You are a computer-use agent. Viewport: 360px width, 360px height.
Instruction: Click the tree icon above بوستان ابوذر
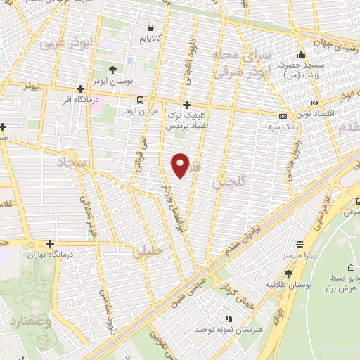pos(112,70)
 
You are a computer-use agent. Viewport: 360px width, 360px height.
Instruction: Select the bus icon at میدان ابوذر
pos(141,100)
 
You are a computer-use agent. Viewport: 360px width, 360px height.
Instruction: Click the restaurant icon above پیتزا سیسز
pos(300,245)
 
